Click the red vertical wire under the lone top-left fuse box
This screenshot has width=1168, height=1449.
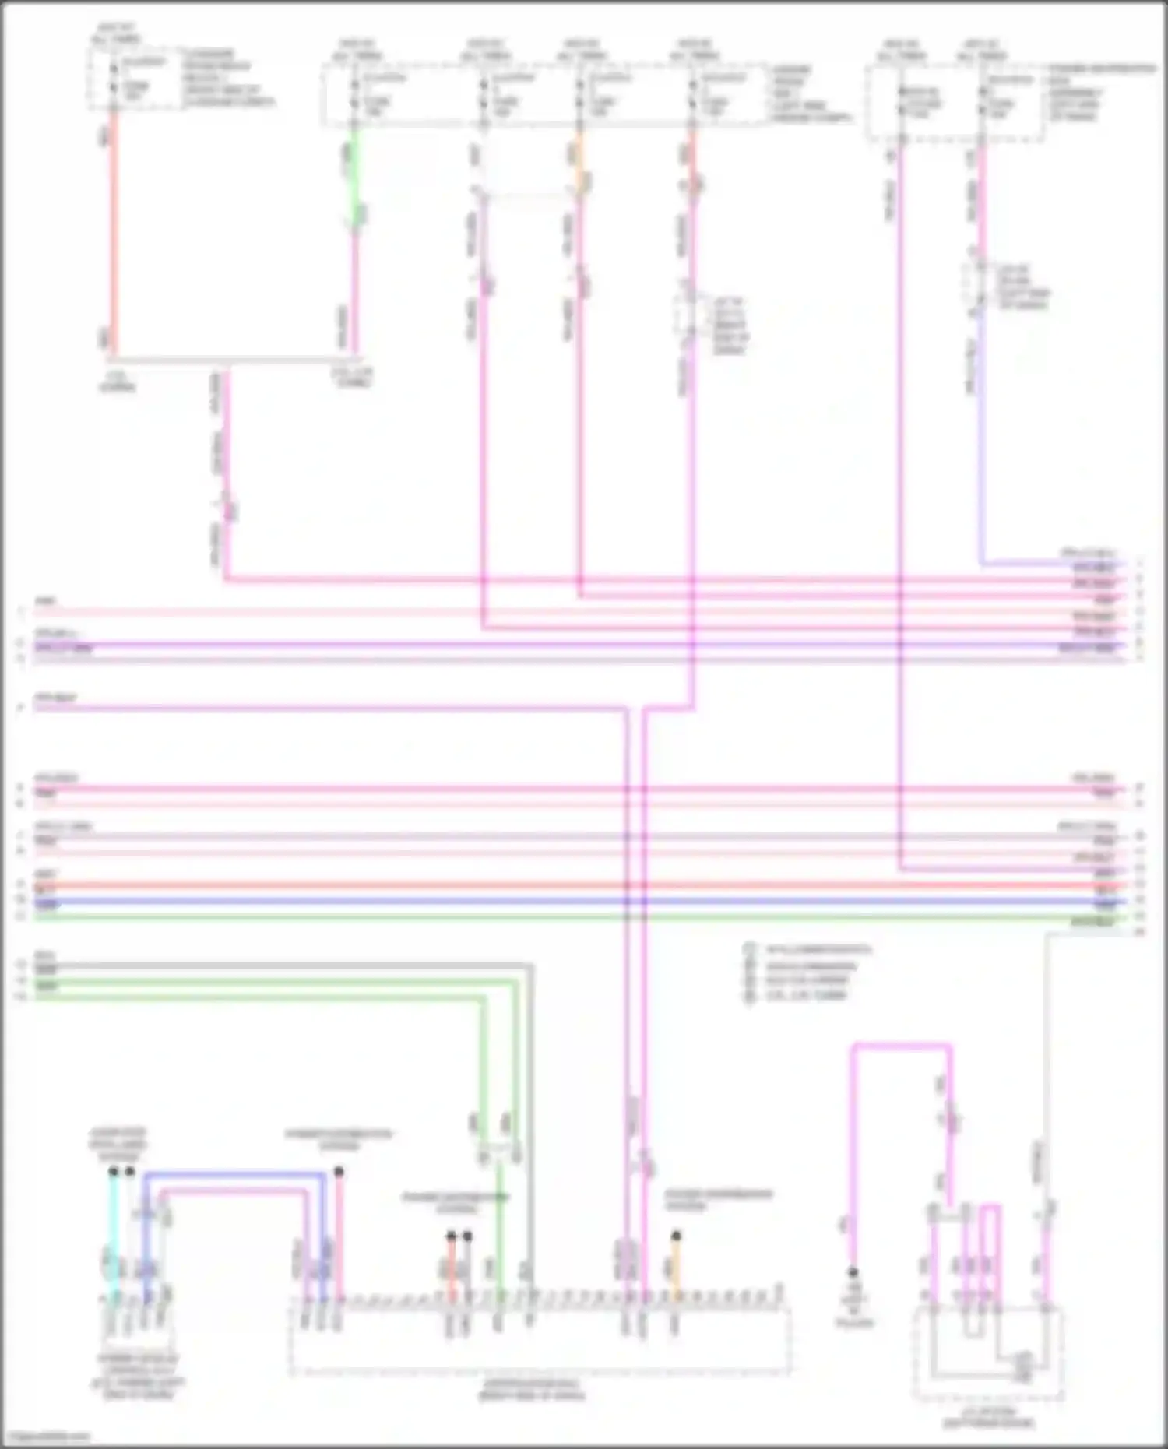(x=114, y=234)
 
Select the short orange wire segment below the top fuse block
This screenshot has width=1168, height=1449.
(x=579, y=160)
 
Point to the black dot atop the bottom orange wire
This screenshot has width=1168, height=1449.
(x=676, y=1236)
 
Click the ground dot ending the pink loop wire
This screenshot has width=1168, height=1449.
(x=853, y=1272)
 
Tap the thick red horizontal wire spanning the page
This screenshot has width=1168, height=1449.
(x=545, y=886)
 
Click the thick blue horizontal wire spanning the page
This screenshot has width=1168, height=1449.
(x=545, y=902)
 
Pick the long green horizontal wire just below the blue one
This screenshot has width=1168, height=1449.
(x=545, y=917)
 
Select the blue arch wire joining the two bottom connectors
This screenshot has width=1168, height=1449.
(x=234, y=1174)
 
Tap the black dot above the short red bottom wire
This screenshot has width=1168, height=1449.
(x=451, y=1236)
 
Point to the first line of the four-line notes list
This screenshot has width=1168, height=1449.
(x=818, y=950)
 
